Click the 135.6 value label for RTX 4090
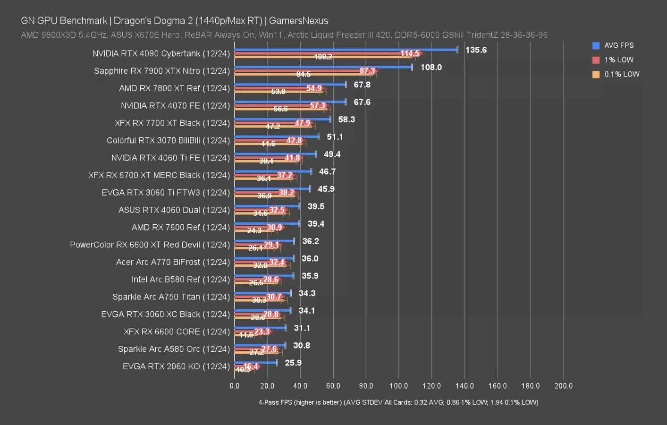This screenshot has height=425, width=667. tap(476, 50)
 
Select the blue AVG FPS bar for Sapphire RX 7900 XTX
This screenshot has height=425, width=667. tap(323, 67)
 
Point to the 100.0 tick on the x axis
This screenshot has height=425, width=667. tap(399, 386)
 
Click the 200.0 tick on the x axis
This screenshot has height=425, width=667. tap(563, 386)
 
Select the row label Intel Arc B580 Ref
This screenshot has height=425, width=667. tap(180, 280)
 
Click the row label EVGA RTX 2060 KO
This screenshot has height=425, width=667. tap(176, 366)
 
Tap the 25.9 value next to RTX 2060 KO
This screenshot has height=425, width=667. tap(293, 363)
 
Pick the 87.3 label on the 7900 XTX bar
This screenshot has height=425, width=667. tap(367, 71)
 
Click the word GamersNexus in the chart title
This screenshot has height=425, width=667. tap(298, 21)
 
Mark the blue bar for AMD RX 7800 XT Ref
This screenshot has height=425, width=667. tap(290, 85)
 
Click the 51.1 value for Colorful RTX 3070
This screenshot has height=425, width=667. tap(335, 137)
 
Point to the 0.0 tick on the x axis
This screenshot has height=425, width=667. tap(235, 386)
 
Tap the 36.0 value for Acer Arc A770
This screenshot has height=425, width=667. tap(310, 259)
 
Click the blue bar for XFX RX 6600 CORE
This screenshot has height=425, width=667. tap(260, 328)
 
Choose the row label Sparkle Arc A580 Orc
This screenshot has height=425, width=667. tap(174, 349)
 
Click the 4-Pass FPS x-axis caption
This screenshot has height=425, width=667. tap(398, 402)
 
